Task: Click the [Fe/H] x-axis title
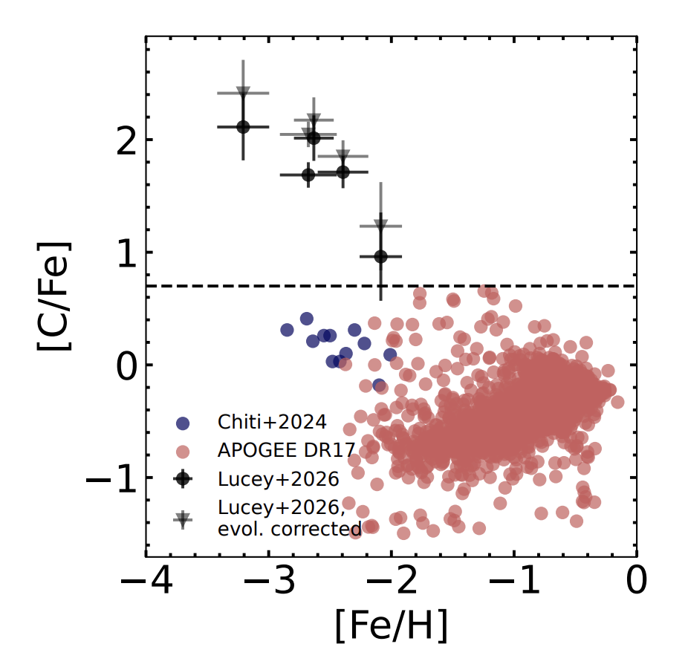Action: pos(391,628)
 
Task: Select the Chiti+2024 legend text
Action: pos(272,423)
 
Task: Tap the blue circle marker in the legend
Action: pos(183,423)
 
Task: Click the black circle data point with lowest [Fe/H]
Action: pos(243,127)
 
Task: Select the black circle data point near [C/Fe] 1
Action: pos(380,256)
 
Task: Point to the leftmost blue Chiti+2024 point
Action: pos(287,330)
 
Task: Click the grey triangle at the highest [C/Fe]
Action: pos(243,92)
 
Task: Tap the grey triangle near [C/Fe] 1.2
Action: pos(380,225)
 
